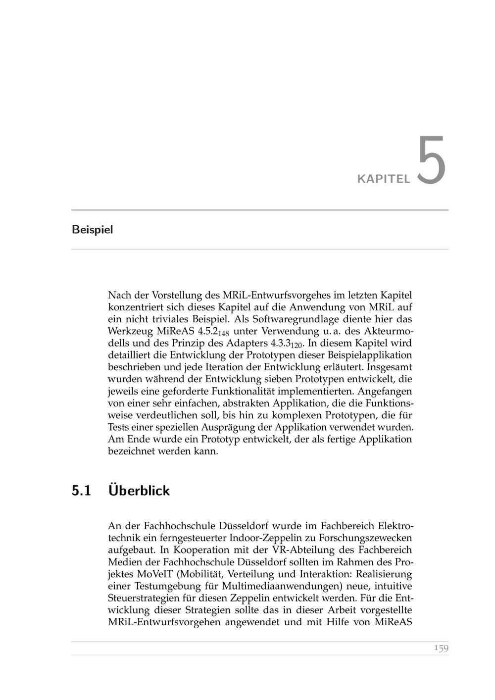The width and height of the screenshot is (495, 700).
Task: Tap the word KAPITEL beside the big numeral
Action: (384, 179)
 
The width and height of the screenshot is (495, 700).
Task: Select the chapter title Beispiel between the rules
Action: (92, 230)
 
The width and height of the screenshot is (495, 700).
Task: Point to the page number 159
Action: (441, 648)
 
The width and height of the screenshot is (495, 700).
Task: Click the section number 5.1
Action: (82, 491)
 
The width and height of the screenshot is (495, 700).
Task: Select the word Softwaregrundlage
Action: (286, 319)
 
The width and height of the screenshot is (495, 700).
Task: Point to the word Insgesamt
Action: (390, 367)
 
